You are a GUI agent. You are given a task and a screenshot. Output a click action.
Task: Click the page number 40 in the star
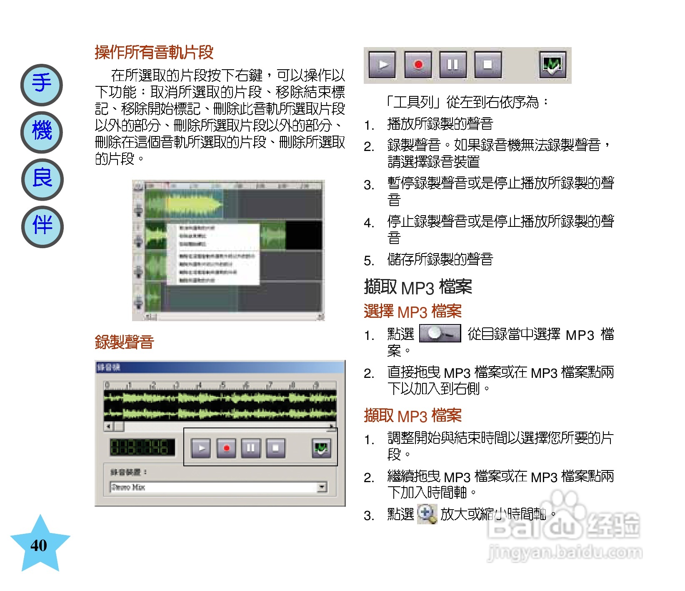[x=39, y=545]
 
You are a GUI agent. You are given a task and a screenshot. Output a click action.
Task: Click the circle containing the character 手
[x=42, y=85]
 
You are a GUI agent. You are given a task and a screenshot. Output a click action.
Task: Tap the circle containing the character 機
[x=42, y=132]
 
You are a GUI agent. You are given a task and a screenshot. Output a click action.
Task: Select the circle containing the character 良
[x=42, y=179]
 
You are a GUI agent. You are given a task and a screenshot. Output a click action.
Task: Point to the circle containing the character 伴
[x=42, y=226]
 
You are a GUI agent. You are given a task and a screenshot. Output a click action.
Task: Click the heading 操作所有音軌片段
[x=154, y=53]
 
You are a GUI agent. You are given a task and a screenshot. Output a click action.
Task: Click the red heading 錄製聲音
[x=124, y=342]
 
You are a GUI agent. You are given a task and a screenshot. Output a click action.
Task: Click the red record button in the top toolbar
[x=418, y=65]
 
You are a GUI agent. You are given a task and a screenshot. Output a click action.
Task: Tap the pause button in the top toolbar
[x=452, y=65]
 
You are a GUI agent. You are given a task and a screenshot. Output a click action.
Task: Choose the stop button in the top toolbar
[x=487, y=65]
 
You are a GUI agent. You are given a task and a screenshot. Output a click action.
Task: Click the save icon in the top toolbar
[x=552, y=65]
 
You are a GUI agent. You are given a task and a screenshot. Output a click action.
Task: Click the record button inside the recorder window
[x=226, y=448]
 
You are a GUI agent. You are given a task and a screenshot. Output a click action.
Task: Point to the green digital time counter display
[x=142, y=448]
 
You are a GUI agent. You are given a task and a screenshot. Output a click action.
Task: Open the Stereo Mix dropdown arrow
[x=322, y=487]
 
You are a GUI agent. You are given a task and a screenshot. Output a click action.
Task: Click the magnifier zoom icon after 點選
[x=427, y=514]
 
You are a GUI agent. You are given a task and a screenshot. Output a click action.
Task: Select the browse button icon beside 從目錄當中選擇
[x=440, y=334]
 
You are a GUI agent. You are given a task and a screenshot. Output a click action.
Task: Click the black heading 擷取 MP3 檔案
[x=418, y=287]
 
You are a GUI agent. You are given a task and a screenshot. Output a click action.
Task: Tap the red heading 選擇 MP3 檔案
[x=412, y=312]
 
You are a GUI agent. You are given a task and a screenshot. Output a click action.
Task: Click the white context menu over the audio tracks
[x=213, y=254]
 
